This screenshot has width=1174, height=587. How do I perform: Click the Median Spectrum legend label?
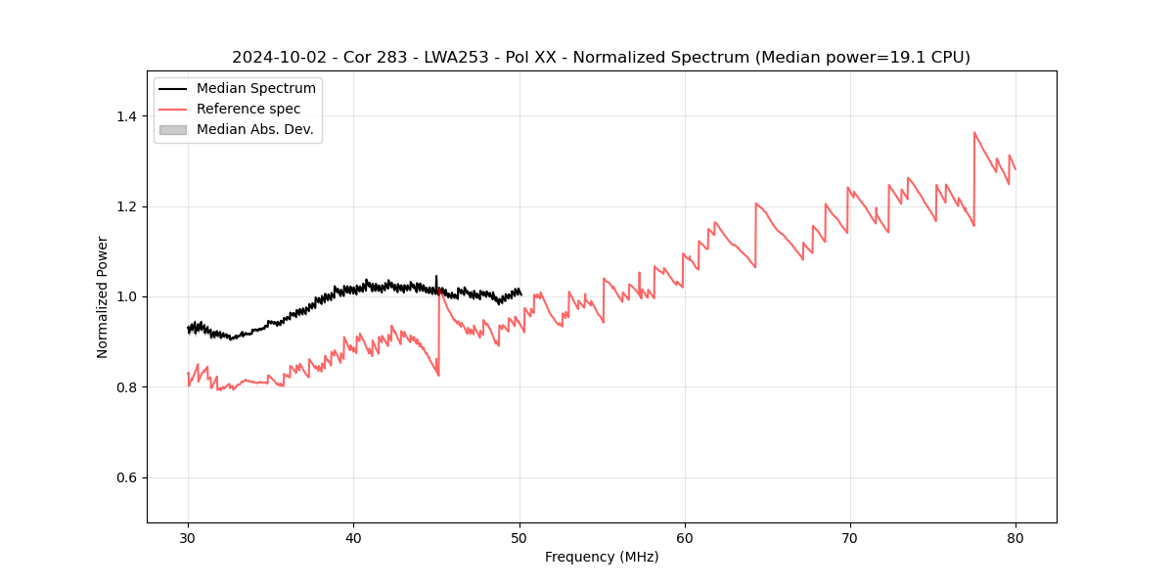tap(256, 89)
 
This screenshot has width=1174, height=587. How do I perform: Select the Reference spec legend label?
tap(248, 109)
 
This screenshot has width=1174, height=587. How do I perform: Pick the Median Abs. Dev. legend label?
tap(255, 129)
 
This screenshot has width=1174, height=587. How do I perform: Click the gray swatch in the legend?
tap(172, 129)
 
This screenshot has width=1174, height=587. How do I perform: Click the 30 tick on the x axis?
tap(188, 537)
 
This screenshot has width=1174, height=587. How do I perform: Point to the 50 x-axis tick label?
tap(519, 537)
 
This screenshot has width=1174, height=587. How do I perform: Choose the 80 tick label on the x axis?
tap(1015, 537)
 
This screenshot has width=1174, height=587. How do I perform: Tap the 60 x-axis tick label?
tap(684, 537)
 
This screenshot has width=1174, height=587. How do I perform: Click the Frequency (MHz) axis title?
tap(602, 557)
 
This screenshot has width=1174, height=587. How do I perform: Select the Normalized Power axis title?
tap(103, 296)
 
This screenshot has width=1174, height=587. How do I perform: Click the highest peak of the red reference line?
tap(974, 132)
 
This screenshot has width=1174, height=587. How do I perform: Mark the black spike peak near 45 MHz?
tap(436, 276)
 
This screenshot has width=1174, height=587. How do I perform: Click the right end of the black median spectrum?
tap(520, 293)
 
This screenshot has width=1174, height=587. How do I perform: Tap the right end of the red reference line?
tap(1016, 169)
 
